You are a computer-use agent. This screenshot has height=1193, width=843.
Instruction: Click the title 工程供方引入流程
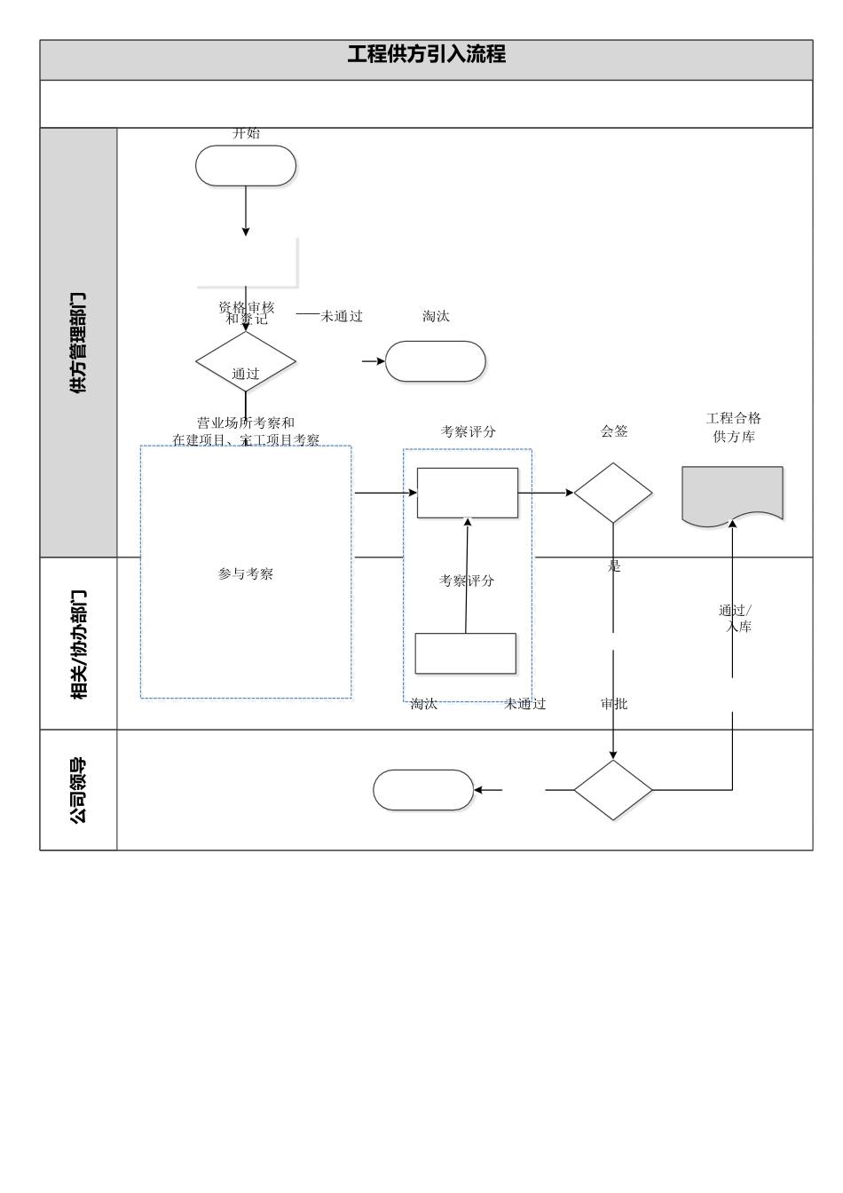tap(426, 54)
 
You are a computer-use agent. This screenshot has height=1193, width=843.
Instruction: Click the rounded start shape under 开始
tap(246, 166)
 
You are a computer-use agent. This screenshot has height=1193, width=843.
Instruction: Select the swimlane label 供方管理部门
tap(78, 343)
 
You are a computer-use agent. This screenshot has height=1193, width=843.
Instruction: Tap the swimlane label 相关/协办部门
tap(78, 644)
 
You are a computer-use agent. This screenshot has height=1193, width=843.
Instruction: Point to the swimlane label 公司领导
tap(78, 790)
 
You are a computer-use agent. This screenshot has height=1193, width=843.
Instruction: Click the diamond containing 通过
tap(246, 362)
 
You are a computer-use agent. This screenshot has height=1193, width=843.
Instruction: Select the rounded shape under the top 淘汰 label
tap(436, 361)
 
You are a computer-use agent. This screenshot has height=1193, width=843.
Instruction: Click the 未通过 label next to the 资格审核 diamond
tap(342, 316)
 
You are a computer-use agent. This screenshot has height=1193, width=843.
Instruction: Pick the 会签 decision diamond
tap(613, 493)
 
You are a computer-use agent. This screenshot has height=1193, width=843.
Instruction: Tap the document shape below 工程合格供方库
tap(732, 494)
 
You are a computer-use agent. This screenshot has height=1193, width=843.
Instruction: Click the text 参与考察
tap(246, 574)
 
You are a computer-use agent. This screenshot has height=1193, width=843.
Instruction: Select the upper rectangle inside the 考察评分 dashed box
tap(468, 493)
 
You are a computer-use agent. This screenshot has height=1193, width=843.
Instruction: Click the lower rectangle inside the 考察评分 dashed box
tap(466, 653)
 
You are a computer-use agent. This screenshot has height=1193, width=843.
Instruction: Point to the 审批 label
tap(614, 704)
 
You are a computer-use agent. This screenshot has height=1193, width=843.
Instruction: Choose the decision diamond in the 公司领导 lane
tap(613, 790)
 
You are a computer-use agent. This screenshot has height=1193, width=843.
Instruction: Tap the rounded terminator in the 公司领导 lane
tap(423, 790)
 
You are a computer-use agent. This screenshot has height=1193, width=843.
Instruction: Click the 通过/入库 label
tap(736, 619)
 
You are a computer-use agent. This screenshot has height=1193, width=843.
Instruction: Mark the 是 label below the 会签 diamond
tap(614, 566)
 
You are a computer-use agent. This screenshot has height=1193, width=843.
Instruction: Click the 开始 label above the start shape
tap(247, 133)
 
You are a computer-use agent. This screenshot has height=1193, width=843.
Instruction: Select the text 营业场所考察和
tap(246, 423)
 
